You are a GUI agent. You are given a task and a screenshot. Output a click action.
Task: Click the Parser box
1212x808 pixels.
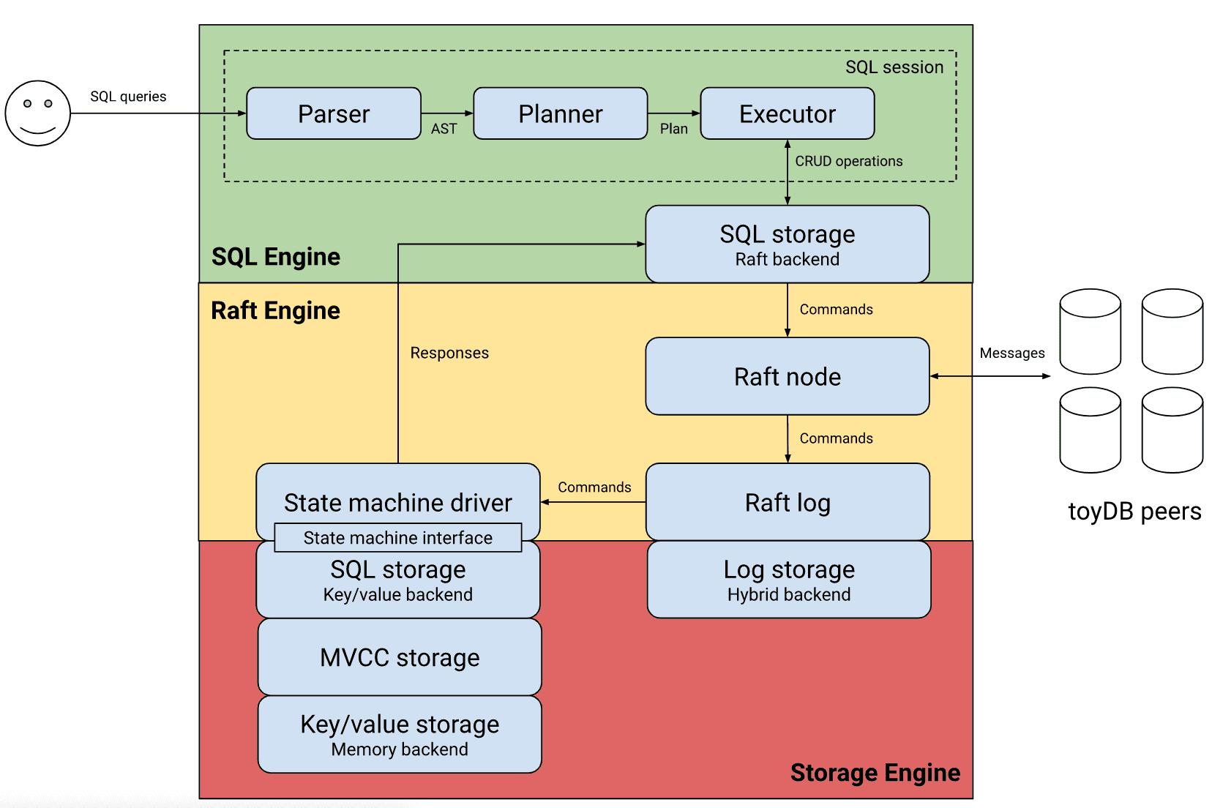click(334, 113)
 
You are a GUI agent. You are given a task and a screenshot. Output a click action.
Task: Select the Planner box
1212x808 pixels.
click(561, 113)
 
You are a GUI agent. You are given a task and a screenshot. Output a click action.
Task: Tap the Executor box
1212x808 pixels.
click(788, 113)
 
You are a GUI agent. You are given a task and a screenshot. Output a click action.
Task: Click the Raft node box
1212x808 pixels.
click(788, 376)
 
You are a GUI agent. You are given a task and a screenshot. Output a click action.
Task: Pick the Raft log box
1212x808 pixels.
click(788, 502)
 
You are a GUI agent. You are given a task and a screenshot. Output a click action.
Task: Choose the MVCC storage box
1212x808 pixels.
click(400, 657)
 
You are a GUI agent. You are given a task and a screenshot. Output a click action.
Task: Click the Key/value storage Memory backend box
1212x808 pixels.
click(400, 734)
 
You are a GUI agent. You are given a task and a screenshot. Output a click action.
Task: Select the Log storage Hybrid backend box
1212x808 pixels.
click(789, 580)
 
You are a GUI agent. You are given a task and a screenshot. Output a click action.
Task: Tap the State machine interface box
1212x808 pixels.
click(398, 538)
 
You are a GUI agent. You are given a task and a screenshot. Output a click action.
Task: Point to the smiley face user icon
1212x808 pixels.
click(38, 113)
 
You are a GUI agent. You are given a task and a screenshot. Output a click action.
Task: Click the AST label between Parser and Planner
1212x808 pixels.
click(444, 129)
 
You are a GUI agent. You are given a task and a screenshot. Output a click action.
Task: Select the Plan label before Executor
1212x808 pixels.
click(673, 129)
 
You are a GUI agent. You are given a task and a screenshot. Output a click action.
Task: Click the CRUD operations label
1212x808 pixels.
click(849, 161)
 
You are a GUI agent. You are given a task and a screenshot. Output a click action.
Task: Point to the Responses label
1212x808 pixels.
click(449, 353)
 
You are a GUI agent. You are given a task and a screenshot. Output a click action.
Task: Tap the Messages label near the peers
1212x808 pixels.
click(1012, 353)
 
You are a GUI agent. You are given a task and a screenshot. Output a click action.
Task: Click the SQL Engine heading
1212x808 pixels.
click(276, 257)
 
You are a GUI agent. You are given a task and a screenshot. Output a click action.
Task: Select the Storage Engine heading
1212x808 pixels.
click(875, 773)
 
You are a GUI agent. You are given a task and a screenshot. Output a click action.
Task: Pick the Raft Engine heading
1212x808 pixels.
click(276, 310)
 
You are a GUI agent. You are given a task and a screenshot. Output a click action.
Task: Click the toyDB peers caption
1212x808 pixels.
click(1134, 511)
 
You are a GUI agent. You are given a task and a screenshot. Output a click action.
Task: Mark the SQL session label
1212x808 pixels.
click(894, 67)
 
